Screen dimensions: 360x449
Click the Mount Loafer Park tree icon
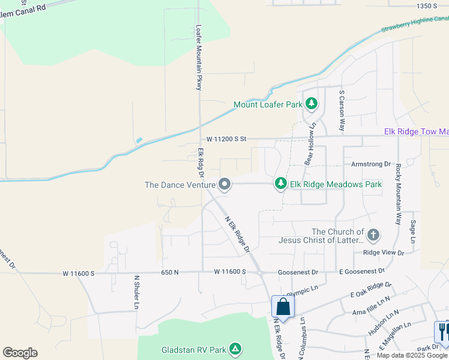point(311,104)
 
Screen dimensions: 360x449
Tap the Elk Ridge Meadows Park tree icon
point(280,184)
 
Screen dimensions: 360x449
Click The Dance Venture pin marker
point(224,184)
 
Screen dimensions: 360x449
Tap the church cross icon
point(373,235)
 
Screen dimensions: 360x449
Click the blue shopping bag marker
point(283,307)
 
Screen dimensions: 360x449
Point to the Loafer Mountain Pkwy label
point(199,58)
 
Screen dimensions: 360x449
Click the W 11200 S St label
point(226,139)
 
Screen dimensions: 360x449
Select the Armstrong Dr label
point(370,164)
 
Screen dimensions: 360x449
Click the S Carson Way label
point(342,111)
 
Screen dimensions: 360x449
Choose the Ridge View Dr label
point(384,253)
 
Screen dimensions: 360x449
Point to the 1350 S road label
point(427,6)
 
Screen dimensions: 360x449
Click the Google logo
point(20,352)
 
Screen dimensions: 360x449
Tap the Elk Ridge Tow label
point(416,132)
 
